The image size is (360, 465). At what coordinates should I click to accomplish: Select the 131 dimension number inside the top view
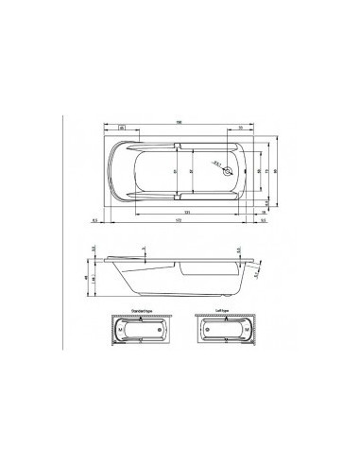pos(189,212)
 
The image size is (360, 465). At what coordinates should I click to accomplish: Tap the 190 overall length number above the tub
pos(179,123)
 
